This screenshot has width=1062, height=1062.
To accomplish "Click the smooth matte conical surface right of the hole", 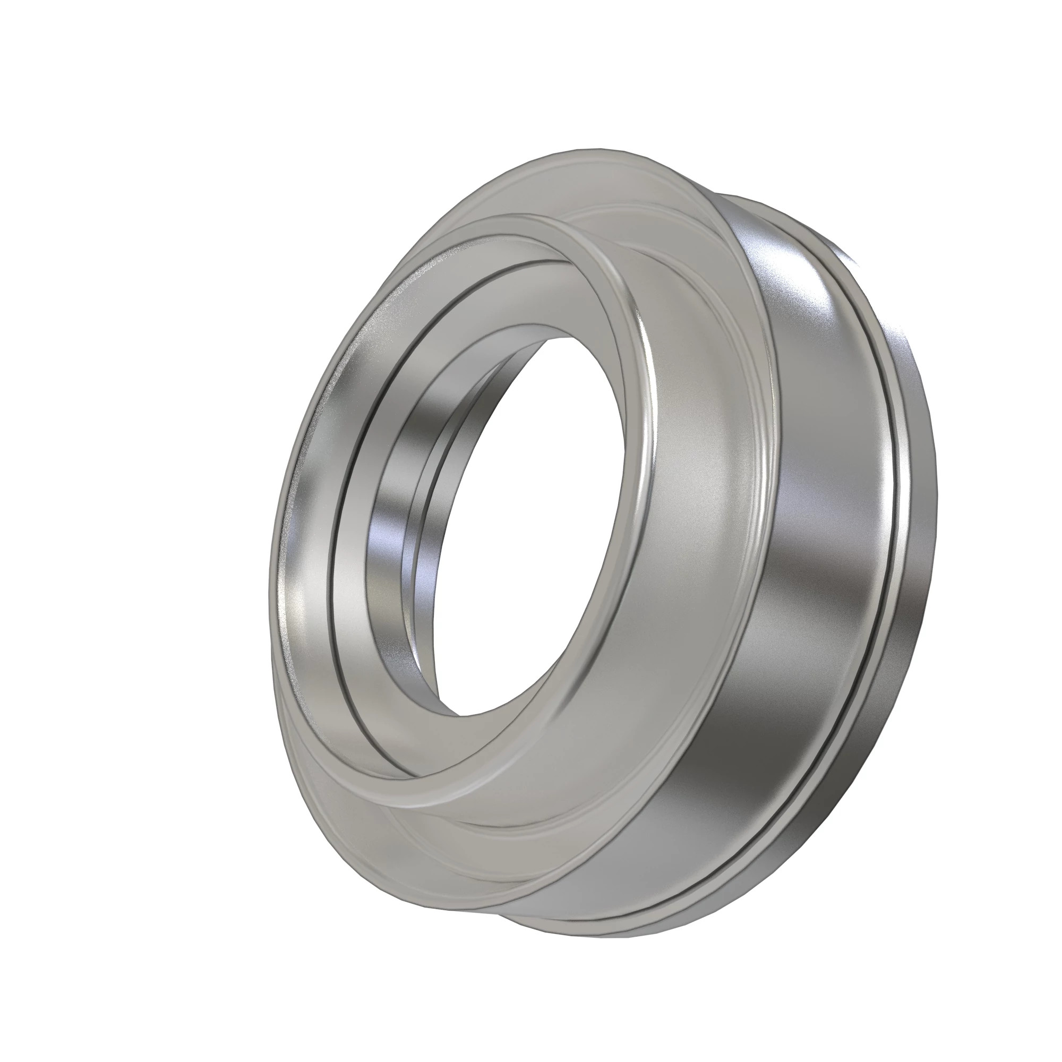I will (698, 495).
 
